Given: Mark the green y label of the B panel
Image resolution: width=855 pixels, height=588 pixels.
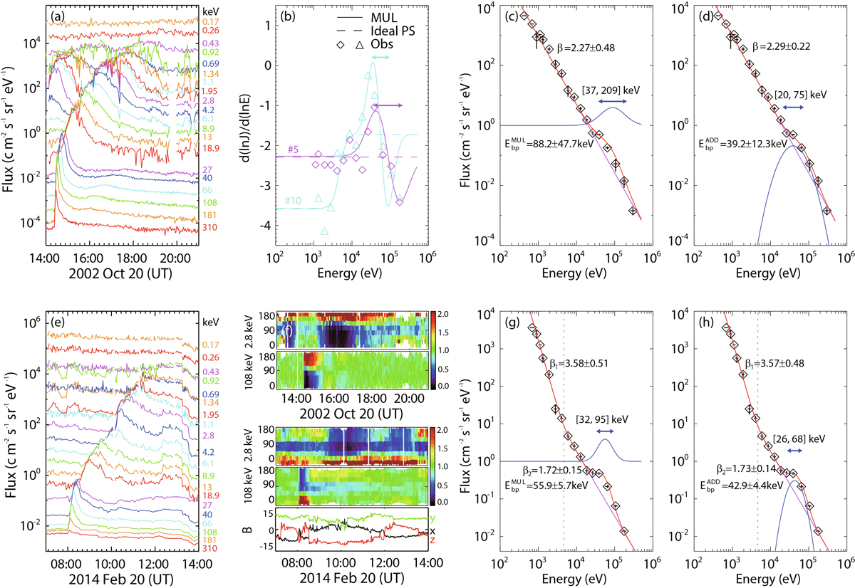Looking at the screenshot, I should point(433,518).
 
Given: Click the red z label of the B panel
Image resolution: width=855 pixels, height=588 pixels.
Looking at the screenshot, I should point(433,540).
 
